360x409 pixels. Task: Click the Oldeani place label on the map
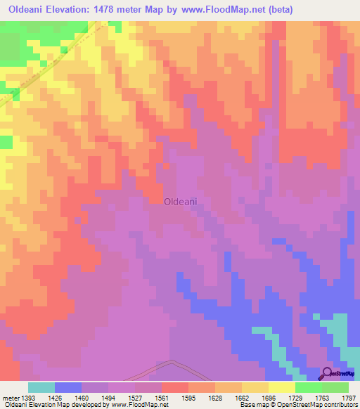(x=180, y=201)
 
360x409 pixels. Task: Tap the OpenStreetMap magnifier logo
(x=328, y=374)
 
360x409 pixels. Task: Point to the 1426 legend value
(x=54, y=398)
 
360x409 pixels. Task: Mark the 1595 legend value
(x=188, y=398)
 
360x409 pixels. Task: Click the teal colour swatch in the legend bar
(x=41, y=387)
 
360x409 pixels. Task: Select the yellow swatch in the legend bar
(x=281, y=387)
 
